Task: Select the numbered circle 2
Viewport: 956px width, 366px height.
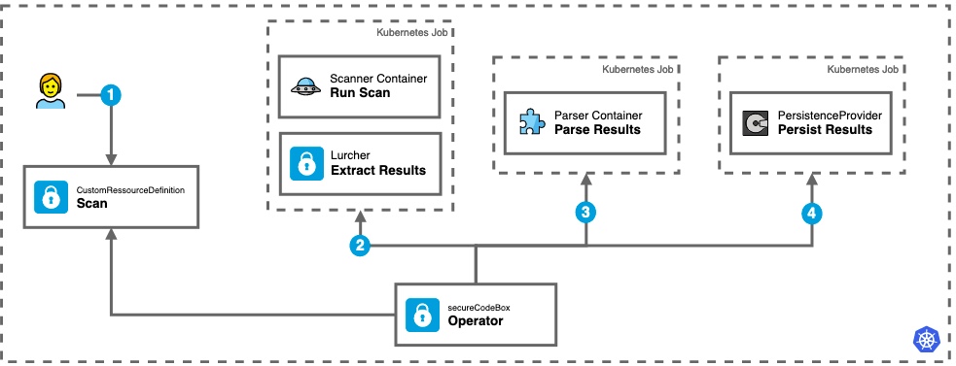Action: pos(361,247)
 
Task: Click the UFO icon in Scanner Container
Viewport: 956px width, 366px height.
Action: pos(305,85)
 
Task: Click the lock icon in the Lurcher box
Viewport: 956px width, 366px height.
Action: pos(306,163)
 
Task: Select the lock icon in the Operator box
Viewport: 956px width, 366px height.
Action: pos(422,315)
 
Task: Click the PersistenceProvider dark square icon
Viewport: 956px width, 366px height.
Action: pos(754,122)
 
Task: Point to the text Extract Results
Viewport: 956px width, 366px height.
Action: pos(378,170)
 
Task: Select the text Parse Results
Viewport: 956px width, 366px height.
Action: pos(597,129)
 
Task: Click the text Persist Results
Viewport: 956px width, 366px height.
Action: pos(826,129)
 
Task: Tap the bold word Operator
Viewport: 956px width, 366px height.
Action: pos(476,321)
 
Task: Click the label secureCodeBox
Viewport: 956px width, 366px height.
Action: pos(479,307)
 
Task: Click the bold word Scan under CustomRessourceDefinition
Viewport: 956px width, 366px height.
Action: pos(91,204)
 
